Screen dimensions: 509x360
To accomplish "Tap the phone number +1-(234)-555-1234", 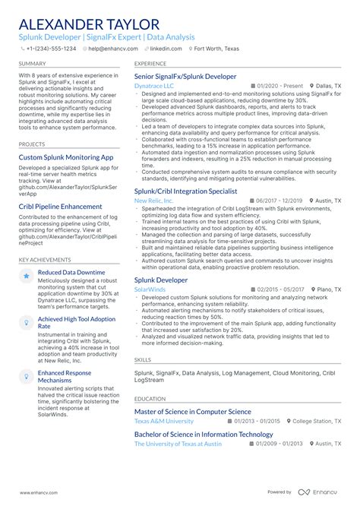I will click(x=50, y=48).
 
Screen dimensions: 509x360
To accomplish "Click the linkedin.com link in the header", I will click(x=166, y=48).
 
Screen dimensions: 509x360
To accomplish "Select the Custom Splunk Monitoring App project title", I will click(x=66, y=157).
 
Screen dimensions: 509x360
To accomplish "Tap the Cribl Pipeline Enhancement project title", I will click(x=60, y=207).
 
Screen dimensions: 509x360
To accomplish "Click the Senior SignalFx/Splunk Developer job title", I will click(x=185, y=77).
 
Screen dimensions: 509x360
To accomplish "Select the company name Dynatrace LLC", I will click(x=154, y=87).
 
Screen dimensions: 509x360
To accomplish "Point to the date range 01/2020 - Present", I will click(x=280, y=87).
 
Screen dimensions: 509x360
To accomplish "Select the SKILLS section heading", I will click(x=142, y=359).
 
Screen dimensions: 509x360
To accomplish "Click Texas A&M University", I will click(x=164, y=421).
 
